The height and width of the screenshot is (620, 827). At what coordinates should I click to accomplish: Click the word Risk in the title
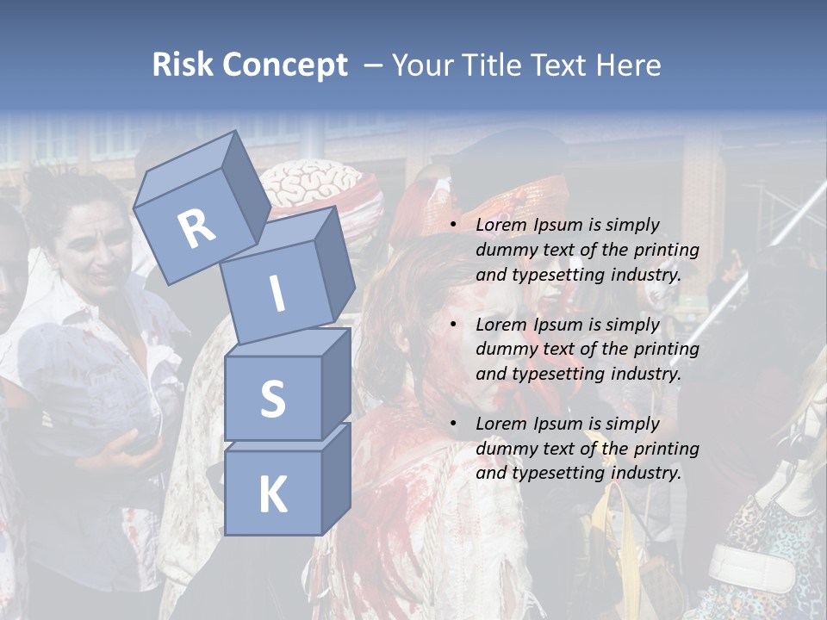[183, 65]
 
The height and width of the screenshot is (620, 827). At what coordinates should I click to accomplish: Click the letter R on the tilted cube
[197, 229]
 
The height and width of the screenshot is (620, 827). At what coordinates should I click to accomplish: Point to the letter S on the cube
[272, 399]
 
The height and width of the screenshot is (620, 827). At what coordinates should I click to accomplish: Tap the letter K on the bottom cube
[272, 495]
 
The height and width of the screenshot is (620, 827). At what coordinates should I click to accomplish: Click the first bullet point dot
[453, 225]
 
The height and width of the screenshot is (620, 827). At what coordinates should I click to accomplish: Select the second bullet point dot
[453, 325]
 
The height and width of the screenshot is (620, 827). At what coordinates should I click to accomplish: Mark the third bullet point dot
[453, 424]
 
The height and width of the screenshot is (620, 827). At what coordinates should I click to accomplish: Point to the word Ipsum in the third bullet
[559, 424]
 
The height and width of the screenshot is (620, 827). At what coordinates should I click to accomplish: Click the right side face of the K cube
[336, 478]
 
